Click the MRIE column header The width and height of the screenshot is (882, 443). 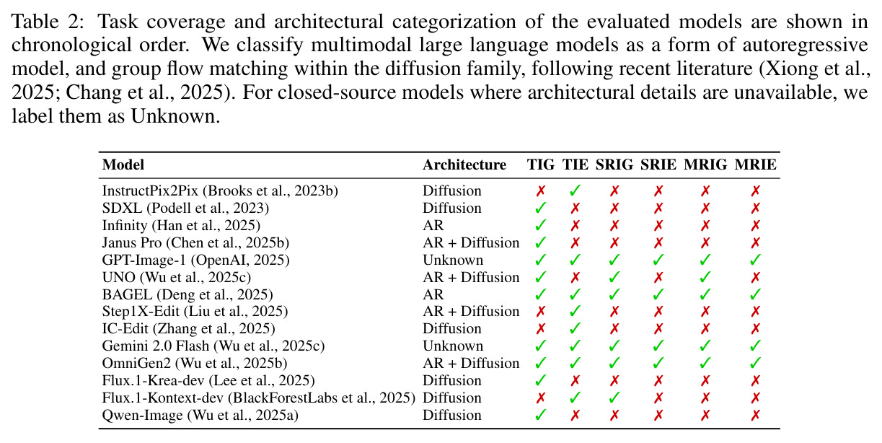tap(755, 165)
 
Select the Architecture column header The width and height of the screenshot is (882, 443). tap(464, 165)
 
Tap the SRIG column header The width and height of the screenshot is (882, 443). tap(614, 165)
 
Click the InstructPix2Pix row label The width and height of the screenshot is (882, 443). tap(220, 190)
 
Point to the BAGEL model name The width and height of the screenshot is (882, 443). tap(127, 294)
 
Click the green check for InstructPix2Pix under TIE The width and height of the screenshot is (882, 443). tap(575, 191)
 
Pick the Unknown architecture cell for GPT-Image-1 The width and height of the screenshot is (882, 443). tap(453, 260)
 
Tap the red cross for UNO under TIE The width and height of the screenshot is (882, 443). tap(575, 278)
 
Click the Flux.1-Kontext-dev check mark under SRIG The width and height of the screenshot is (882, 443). tap(614, 398)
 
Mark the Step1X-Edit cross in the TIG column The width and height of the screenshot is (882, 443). tap(541, 312)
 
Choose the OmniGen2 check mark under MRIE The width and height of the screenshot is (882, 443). tap(755, 364)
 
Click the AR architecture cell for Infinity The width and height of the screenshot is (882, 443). tap(433, 225)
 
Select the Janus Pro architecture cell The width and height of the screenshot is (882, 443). tap(471, 242)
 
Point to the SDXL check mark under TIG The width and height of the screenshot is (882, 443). tap(541, 209)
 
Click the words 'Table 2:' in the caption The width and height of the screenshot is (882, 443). tap(48, 21)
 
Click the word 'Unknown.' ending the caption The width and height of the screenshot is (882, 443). tap(175, 116)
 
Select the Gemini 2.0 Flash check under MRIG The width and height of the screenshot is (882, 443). tap(705, 346)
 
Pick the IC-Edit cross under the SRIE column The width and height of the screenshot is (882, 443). tap(658, 329)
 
